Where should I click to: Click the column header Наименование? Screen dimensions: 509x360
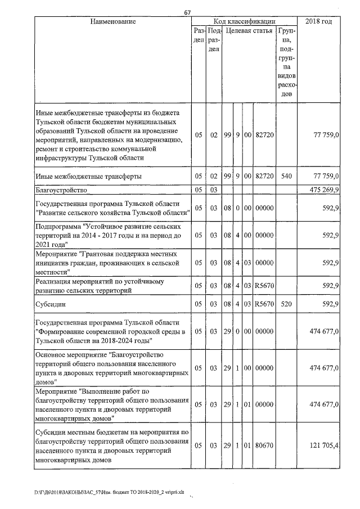click(113, 21)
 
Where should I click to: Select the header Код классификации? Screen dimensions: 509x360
click(245, 21)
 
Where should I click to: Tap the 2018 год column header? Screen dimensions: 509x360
click(318, 21)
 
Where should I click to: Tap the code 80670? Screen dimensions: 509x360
click(264, 445)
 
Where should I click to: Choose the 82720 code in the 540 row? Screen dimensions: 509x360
click(264, 176)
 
